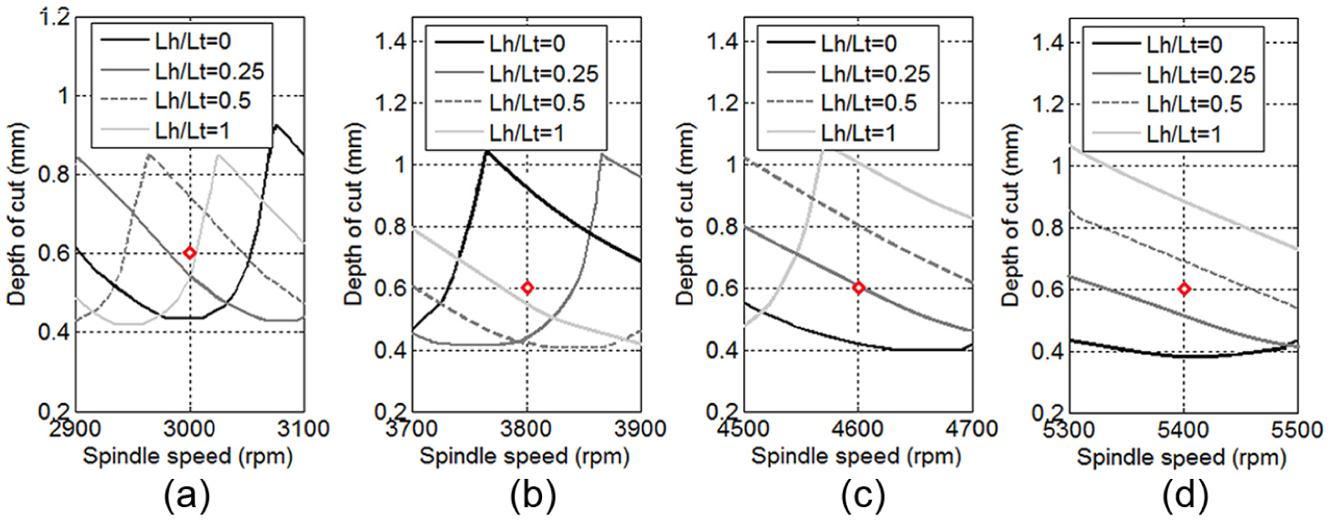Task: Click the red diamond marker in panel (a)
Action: point(189,252)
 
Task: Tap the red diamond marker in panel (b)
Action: point(526,288)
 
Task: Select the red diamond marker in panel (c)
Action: point(858,288)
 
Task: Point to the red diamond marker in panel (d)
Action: point(1184,289)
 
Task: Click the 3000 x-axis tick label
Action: point(190,428)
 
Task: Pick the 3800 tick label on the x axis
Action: point(526,428)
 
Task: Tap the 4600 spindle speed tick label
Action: point(858,428)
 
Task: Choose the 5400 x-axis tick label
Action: point(1184,429)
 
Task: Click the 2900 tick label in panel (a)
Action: point(76,428)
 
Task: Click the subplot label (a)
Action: point(187,495)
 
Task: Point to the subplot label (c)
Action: point(863,495)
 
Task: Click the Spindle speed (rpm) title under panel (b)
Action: point(525,456)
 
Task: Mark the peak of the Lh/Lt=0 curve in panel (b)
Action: point(486,152)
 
